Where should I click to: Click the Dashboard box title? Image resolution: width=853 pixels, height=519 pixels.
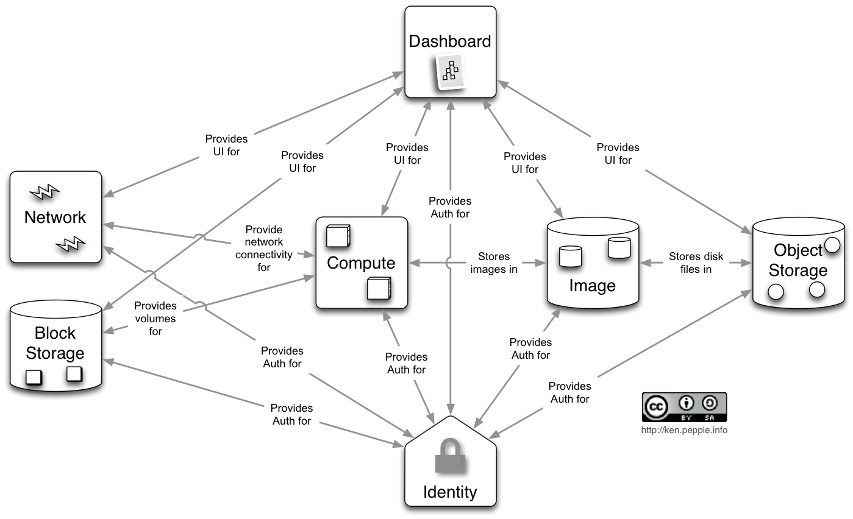[x=450, y=41]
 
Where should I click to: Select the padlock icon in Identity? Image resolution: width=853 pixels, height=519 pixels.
[x=450, y=456]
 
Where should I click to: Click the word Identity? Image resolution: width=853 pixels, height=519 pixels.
[x=450, y=492]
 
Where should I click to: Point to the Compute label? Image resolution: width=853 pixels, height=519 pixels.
[x=361, y=263]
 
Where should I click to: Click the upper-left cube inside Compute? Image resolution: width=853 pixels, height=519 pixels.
[x=337, y=236]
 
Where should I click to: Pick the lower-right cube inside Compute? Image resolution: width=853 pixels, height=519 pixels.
[x=379, y=288]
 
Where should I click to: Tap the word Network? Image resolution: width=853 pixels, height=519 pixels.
[x=55, y=217]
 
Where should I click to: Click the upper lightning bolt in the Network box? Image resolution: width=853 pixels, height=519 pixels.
[x=44, y=193]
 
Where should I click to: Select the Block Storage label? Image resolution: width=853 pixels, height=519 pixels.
[x=55, y=343]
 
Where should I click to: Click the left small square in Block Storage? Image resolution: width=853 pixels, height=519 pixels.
[x=34, y=377]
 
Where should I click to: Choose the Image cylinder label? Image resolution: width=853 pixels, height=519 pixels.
[x=592, y=285]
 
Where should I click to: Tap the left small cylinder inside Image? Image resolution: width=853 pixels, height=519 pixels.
[x=571, y=256]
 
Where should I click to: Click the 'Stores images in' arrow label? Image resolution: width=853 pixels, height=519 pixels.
[x=493, y=263]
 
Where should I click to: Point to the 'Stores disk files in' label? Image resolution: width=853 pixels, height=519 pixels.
[x=696, y=263]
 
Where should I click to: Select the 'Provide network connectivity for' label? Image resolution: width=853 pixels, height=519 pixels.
[x=264, y=248]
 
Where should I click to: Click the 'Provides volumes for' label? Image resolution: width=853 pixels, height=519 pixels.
[x=155, y=319]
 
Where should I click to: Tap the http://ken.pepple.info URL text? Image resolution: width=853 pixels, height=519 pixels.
[x=684, y=430]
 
